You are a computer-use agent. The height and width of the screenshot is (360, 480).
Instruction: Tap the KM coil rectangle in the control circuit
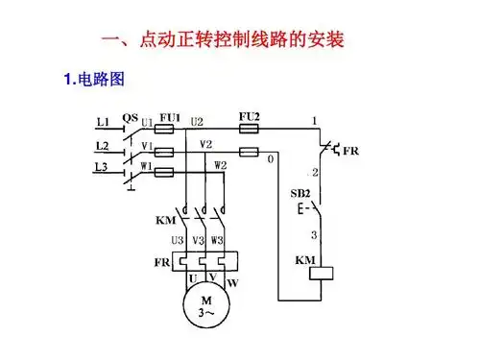coord(313,273)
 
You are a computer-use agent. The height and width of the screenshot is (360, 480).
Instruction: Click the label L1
coord(105,121)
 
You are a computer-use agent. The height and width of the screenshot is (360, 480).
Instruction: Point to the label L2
coord(105,145)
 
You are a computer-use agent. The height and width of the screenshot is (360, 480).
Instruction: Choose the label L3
coord(105,168)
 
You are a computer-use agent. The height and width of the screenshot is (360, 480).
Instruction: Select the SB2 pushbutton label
coord(300,193)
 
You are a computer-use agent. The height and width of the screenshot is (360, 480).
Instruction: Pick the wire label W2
coord(220,165)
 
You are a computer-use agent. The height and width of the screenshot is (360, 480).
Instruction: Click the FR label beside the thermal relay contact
coord(351,152)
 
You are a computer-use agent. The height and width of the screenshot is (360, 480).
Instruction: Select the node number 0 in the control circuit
coord(272,157)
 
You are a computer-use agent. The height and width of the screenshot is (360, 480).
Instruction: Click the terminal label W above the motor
coord(232,283)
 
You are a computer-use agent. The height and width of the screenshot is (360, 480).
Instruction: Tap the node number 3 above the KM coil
coord(312,233)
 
